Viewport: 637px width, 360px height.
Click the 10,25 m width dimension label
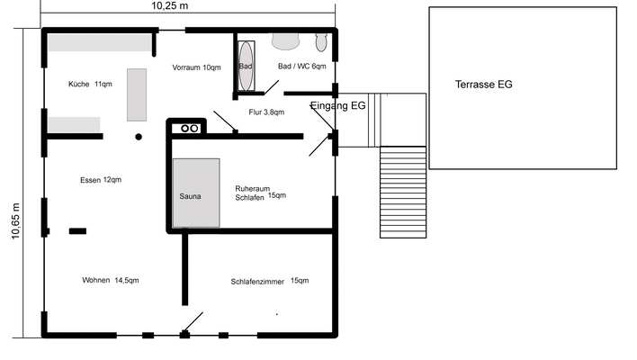170,5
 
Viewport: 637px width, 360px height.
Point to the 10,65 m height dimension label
15,221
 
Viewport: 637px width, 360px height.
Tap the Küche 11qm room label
90,84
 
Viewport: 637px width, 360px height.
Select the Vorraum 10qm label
196,67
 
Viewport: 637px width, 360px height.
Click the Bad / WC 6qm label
301,67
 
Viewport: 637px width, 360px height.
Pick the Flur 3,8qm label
266,112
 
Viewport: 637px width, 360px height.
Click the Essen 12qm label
101,180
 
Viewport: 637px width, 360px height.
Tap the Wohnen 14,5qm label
111,281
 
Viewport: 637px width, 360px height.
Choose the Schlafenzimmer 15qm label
270,281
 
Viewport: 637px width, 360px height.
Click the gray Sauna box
196,193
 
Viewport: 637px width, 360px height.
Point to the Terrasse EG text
483,85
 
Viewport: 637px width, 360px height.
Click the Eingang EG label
338,105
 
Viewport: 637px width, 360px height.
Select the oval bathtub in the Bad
246,66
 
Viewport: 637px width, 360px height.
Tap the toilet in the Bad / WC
321,42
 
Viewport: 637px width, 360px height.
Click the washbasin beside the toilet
285,41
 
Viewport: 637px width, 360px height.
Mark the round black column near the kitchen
139,137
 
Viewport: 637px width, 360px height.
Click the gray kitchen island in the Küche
137,94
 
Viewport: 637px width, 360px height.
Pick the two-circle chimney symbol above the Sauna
190,129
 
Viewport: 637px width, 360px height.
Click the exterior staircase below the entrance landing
403,193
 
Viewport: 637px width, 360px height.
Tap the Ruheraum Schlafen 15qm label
260,193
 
